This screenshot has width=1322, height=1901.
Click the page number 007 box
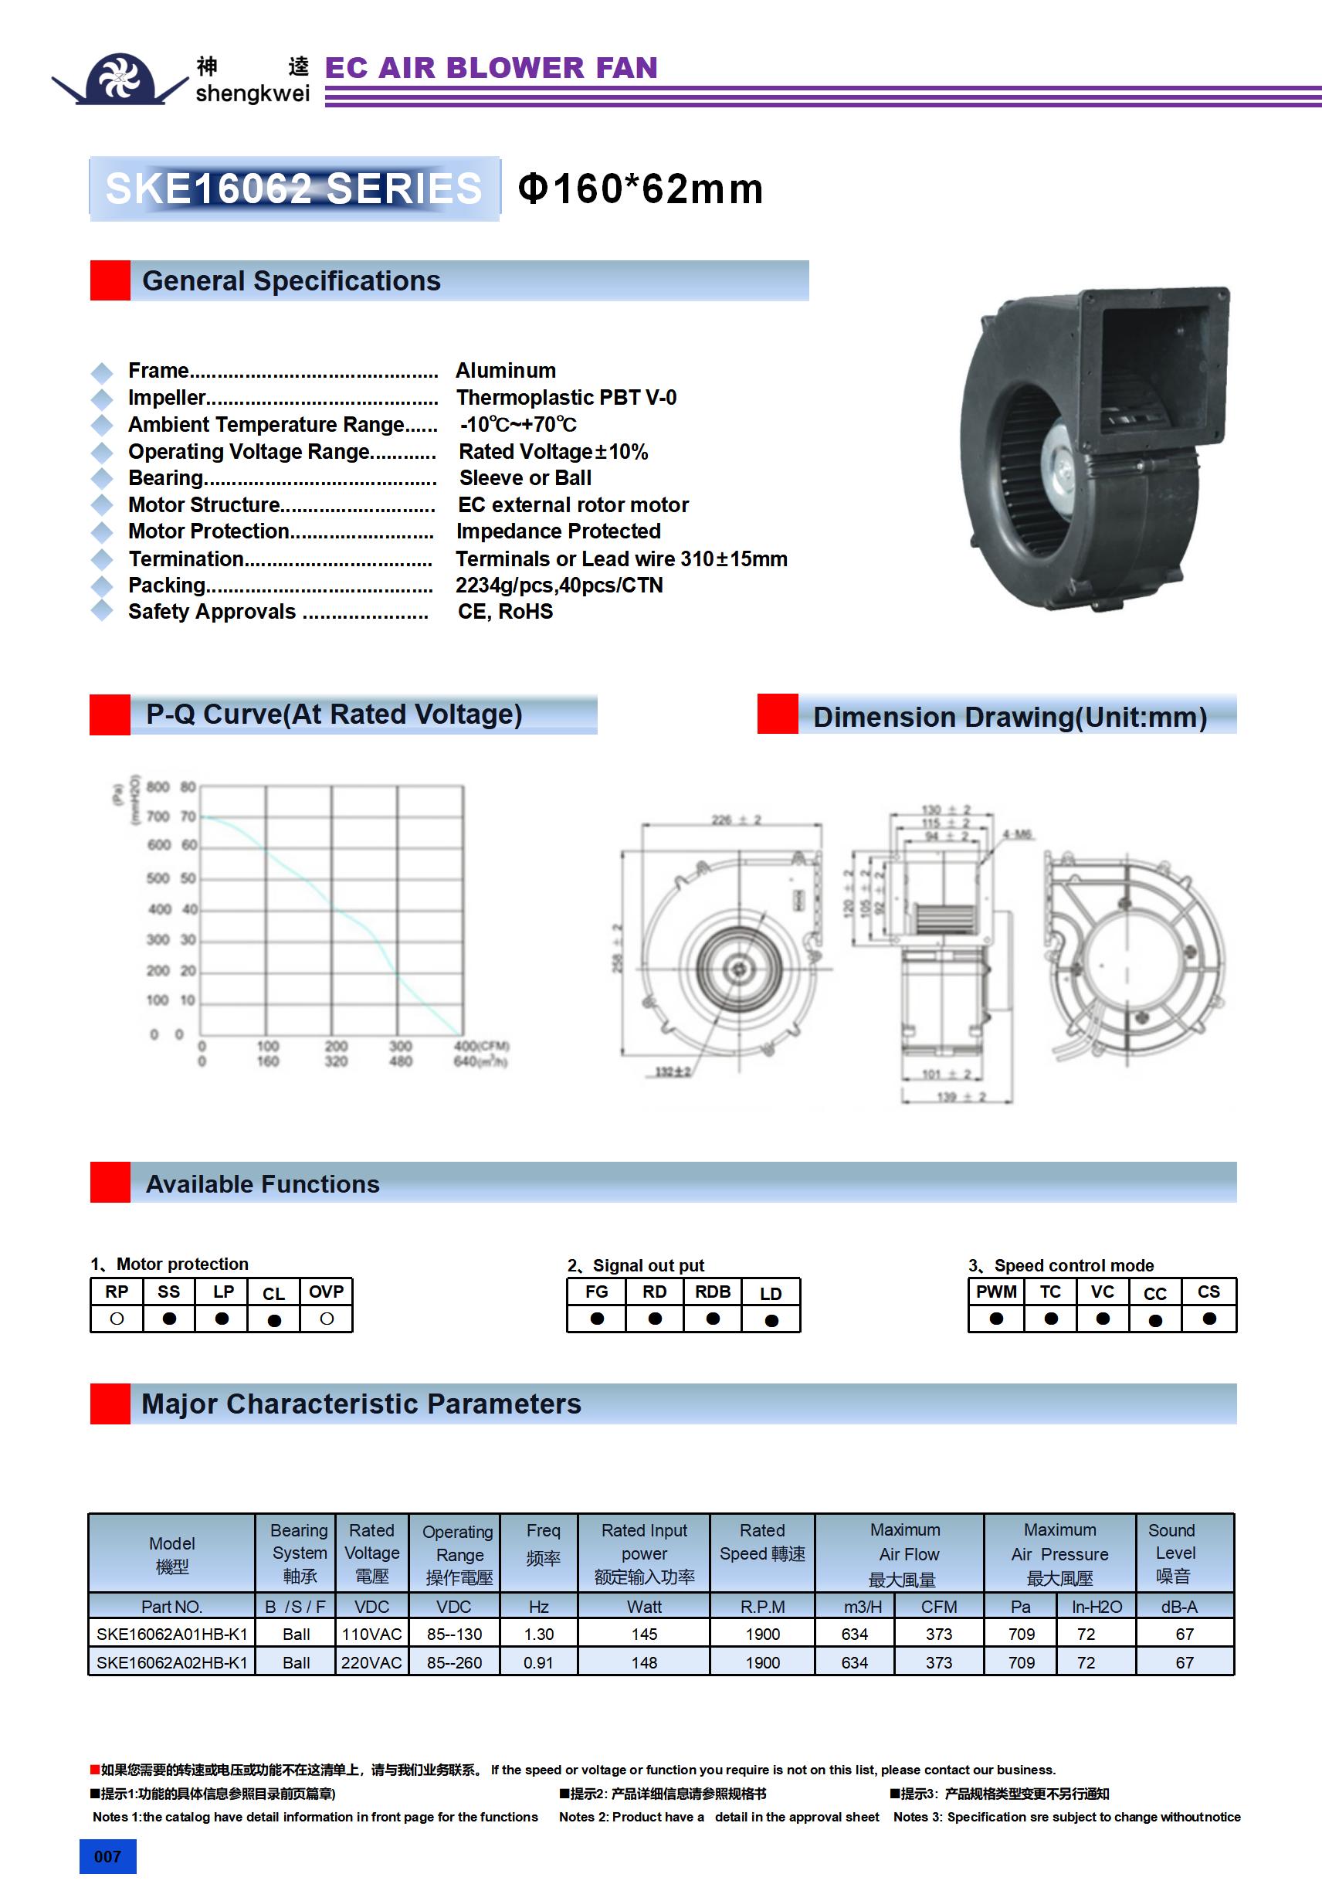click(107, 1856)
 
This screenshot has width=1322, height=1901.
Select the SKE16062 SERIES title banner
click(294, 188)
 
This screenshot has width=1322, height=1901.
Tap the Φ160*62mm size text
click(640, 188)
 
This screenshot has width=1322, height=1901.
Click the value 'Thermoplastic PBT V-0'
click(566, 397)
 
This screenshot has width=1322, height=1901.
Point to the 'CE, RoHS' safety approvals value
click(505, 612)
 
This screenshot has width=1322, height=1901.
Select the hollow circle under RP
click(117, 1318)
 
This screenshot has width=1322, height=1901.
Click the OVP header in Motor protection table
click(326, 1292)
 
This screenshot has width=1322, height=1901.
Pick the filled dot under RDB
click(713, 1318)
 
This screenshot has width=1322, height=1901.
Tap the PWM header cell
click(996, 1292)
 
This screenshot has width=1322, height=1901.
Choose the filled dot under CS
click(1209, 1318)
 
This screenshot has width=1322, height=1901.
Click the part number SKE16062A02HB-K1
click(172, 1662)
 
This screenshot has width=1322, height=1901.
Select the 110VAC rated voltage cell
click(371, 1635)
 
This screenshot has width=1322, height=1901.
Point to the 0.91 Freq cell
click(538, 1662)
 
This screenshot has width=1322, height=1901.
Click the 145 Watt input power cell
click(644, 1635)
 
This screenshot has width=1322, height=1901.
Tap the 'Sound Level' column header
click(1174, 1553)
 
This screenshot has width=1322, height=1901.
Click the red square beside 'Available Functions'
click(110, 1183)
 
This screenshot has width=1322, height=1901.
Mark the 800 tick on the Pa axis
click(158, 786)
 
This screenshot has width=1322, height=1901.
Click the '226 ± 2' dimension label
click(736, 820)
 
